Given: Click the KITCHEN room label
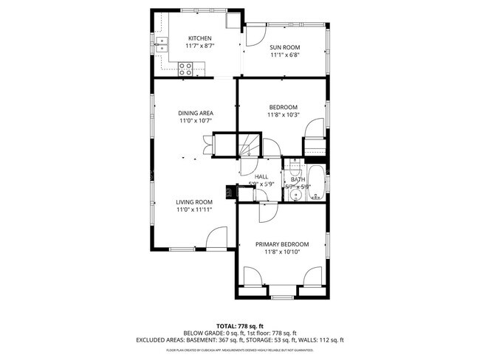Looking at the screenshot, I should (x=199, y=38).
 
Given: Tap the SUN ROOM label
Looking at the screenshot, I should (x=284, y=46).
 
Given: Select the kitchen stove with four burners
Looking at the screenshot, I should (x=186, y=69).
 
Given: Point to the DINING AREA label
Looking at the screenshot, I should (x=195, y=113).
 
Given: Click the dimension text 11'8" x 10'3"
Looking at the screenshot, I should (x=284, y=114).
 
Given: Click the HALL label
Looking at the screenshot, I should (x=261, y=177).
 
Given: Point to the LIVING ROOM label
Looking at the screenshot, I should (x=194, y=201).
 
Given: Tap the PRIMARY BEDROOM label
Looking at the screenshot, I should (x=282, y=244).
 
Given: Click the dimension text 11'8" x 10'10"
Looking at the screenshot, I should (x=282, y=252).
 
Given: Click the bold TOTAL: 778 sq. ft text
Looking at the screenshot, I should (x=239, y=325).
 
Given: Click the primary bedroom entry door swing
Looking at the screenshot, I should (x=265, y=212).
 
